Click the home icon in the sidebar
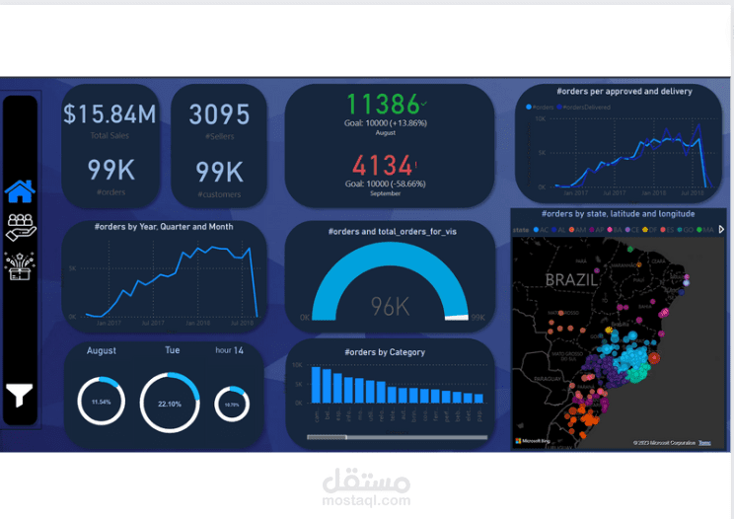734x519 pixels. pyautogui.click(x=20, y=189)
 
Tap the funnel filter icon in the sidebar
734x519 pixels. pyautogui.click(x=20, y=395)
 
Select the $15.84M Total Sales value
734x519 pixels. pyautogui.click(x=110, y=114)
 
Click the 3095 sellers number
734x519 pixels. pyautogui.click(x=219, y=114)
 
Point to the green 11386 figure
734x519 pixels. pyautogui.click(x=384, y=105)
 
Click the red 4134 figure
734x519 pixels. pyautogui.click(x=383, y=165)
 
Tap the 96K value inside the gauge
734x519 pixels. pyautogui.click(x=390, y=307)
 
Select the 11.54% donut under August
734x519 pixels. pyautogui.click(x=101, y=403)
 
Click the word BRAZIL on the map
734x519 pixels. pyautogui.click(x=571, y=279)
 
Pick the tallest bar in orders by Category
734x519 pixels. pyautogui.click(x=317, y=384)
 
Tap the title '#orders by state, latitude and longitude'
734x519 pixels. pyautogui.click(x=618, y=213)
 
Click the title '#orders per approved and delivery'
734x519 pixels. pyautogui.click(x=624, y=92)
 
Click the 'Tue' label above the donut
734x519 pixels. pyautogui.click(x=172, y=350)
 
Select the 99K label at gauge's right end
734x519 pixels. pyautogui.click(x=477, y=318)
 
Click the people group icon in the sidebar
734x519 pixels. pyautogui.click(x=20, y=227)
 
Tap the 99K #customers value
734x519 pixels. pyautogui.click(x=219, y=172)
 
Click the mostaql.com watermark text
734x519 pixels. pyautogui.click(x=366, y=501)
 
